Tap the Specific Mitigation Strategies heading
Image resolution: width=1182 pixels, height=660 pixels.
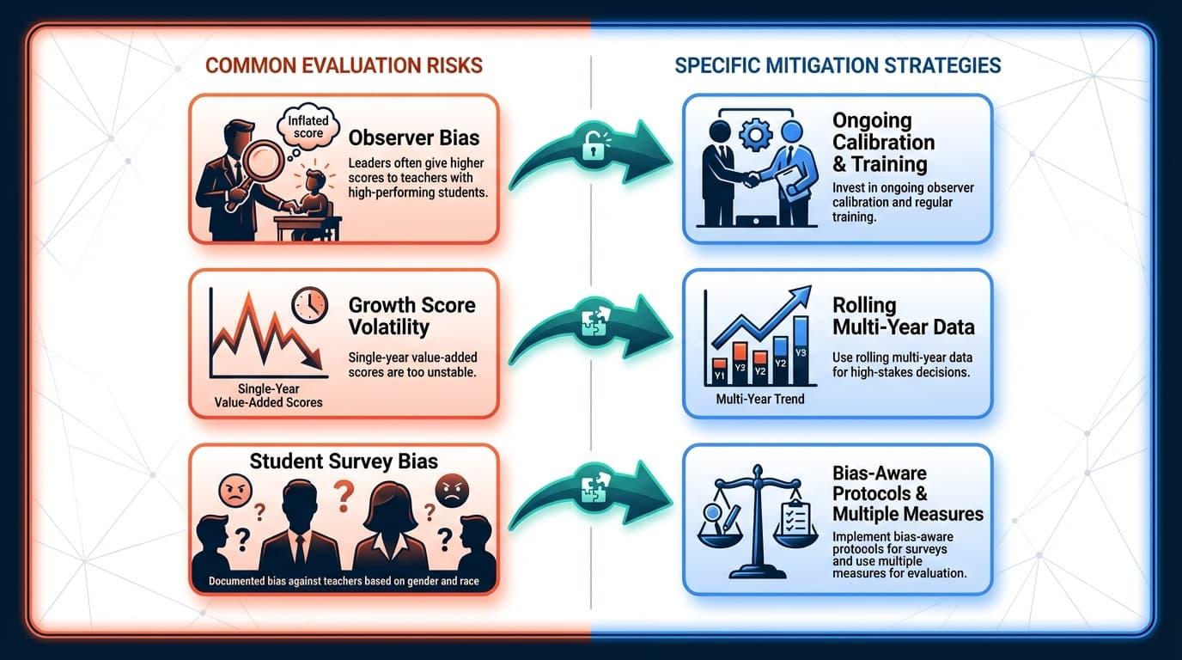838,65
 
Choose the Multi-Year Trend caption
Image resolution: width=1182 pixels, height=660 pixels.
760,399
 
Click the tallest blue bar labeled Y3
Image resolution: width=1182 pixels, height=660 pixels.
801,347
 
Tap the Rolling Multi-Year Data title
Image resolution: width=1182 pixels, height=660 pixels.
903,316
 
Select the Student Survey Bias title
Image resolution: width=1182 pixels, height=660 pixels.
344,461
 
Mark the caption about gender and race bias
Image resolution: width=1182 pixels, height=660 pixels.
344,582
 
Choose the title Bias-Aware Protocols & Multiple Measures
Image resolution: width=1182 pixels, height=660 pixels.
907,494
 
